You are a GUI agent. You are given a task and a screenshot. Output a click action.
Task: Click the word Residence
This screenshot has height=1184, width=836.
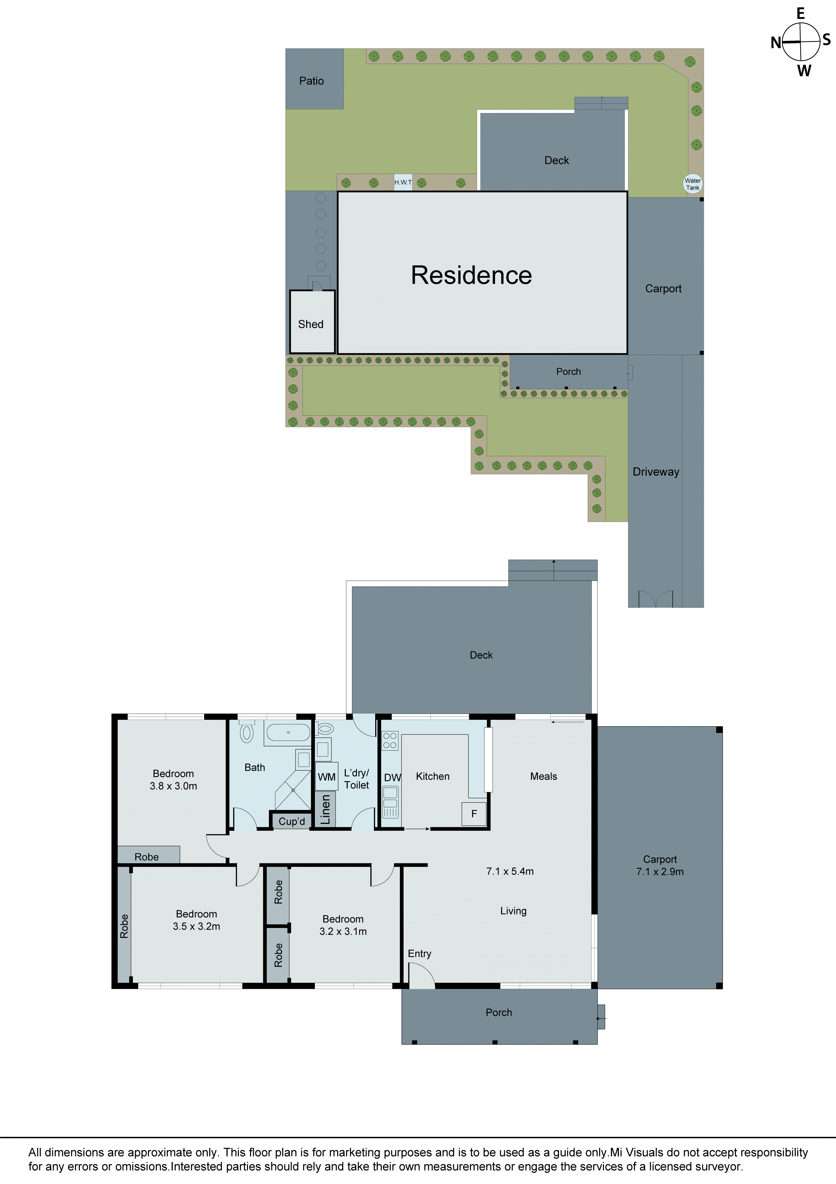471,275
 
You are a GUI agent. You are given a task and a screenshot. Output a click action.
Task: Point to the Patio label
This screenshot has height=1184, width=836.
311,81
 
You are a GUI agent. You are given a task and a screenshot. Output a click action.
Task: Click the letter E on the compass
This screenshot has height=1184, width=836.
801,13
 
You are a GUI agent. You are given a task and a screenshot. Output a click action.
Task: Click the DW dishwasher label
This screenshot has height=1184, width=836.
392,778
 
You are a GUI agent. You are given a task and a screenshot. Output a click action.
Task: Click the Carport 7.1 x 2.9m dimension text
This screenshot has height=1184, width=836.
660,871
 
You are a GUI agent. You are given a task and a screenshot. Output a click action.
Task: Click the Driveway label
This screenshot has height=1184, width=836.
656,472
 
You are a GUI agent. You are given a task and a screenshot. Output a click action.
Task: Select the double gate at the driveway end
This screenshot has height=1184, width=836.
656,599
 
